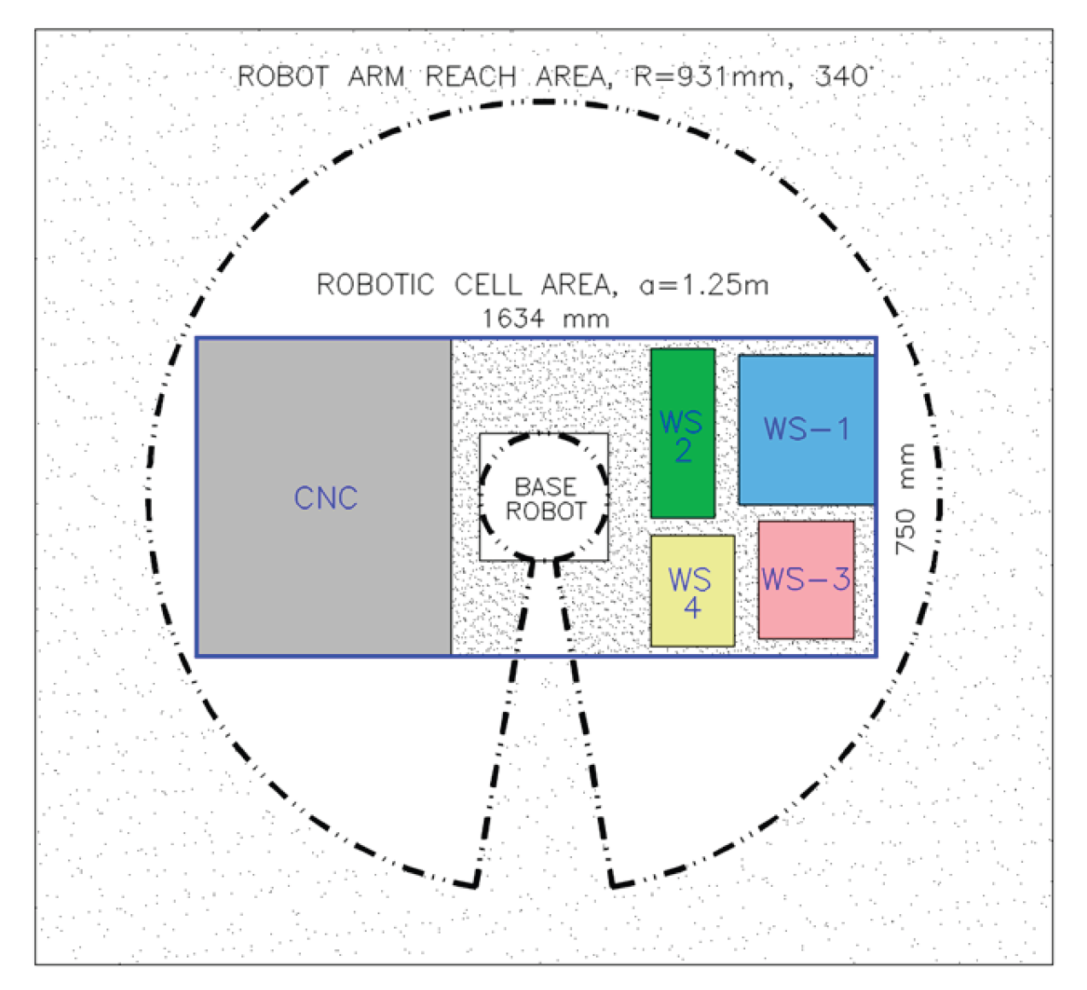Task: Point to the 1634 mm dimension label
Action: click(x=546, y=319)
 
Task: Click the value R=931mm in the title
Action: click(x=708, y=77)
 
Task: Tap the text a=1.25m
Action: click(x=704, y=284)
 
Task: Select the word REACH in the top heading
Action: click(x=471, y=77)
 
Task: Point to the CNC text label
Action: click(x=326, y=498)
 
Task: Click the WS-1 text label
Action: click(x=807, y=428)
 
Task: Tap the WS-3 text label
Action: click(x=806, y=579)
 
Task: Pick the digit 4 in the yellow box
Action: click(x=692, y=608)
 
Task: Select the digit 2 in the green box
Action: click(x=683, y=450)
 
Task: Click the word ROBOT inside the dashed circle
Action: click(x=546, y=511)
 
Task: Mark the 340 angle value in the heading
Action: click(x=841, y=77)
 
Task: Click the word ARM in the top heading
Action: click(x=376, y=77)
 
